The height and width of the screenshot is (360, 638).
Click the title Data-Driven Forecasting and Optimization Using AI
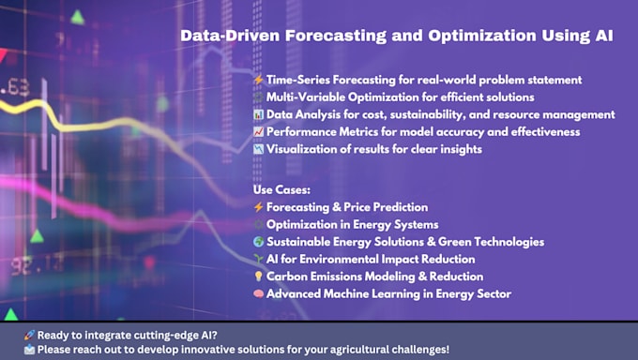pos(397,36)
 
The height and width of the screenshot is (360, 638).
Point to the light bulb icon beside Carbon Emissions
pos(259,277)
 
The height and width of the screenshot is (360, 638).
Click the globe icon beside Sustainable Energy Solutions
pos(259,242)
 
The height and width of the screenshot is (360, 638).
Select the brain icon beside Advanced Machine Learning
pos(259,294)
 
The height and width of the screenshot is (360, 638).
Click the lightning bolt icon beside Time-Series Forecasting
pos(259,81)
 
